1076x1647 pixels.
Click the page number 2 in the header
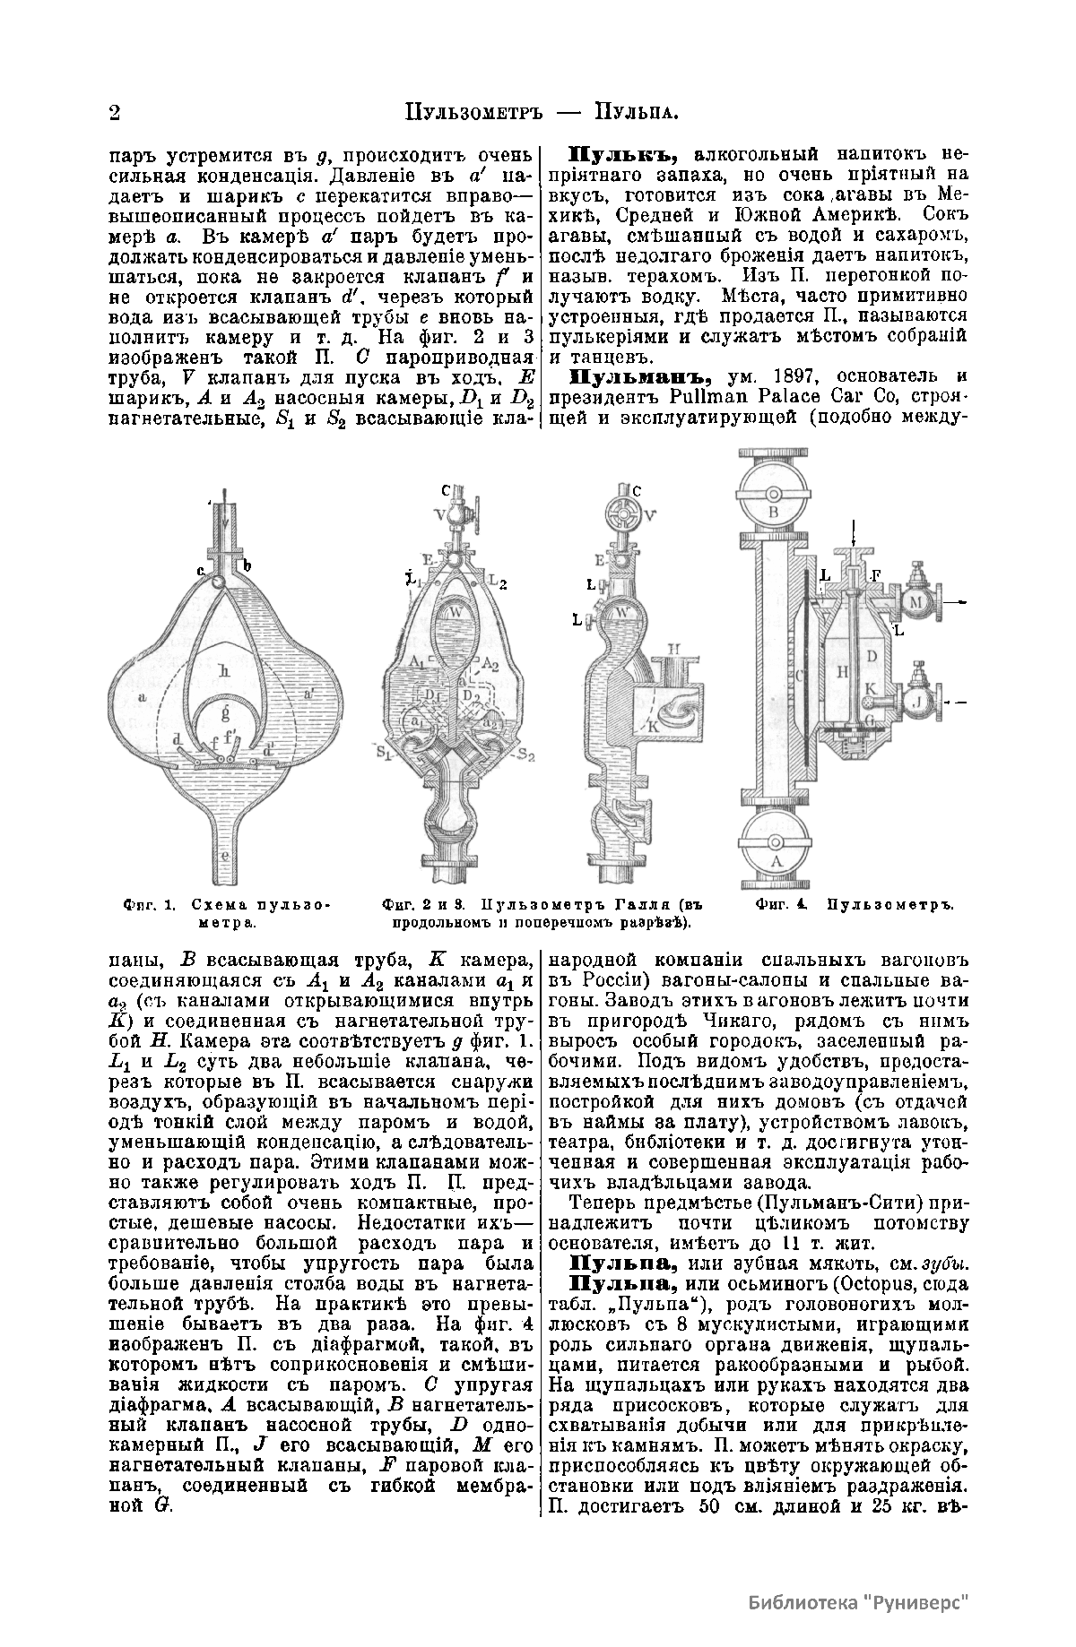tap(114, 114)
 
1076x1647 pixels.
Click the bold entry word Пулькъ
tap(616, 153)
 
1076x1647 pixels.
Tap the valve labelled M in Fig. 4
tap(916, 602)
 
